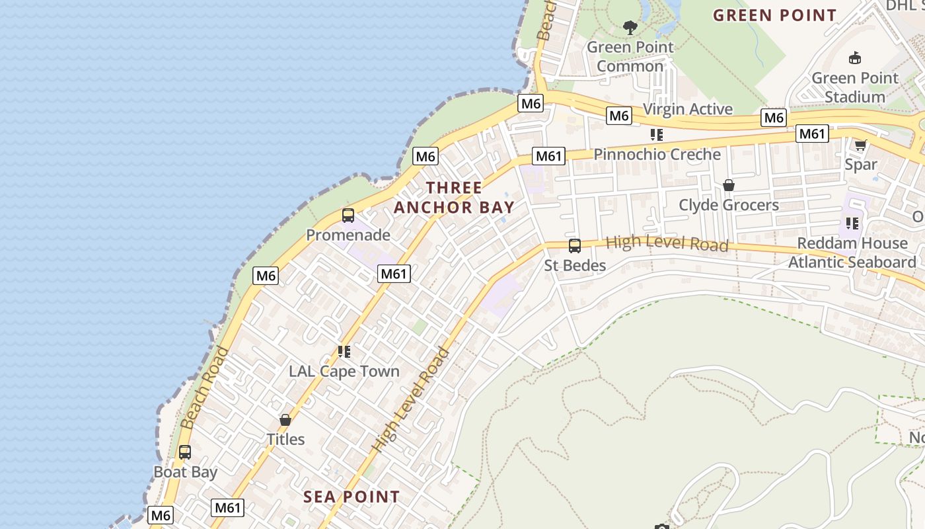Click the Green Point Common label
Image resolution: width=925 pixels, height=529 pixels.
630,57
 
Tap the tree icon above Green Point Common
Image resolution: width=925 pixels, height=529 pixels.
630,28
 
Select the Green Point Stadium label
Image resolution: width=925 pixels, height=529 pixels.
855,87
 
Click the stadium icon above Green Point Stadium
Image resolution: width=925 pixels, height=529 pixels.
855,58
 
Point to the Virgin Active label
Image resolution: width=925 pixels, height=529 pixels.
688,109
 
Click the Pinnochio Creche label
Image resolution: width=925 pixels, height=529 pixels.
657,154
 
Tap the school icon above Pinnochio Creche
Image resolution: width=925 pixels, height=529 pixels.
656,135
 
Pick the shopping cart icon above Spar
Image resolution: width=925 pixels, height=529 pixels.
860,145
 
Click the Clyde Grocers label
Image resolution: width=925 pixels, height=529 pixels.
729,205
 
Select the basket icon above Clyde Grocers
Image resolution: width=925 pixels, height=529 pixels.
729,185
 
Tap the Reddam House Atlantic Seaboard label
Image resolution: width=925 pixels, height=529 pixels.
852,253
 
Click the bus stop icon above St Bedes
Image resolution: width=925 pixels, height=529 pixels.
575,246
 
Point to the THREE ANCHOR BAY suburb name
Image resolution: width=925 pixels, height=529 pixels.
454,197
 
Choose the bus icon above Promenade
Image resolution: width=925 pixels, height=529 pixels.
348,216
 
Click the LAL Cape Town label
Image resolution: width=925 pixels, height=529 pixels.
344,371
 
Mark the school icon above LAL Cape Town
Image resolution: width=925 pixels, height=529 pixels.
344,352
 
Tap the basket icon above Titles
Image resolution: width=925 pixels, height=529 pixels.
285,420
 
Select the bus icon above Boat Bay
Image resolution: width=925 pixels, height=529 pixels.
185,452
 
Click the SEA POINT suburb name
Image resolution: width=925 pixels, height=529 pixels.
351,497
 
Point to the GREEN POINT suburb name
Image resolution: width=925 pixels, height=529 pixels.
774,15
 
